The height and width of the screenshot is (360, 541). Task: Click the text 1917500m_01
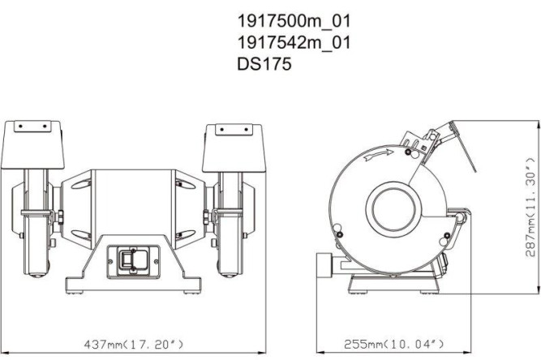tap(294, 20)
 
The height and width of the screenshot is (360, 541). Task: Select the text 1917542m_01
tap(294, 42)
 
